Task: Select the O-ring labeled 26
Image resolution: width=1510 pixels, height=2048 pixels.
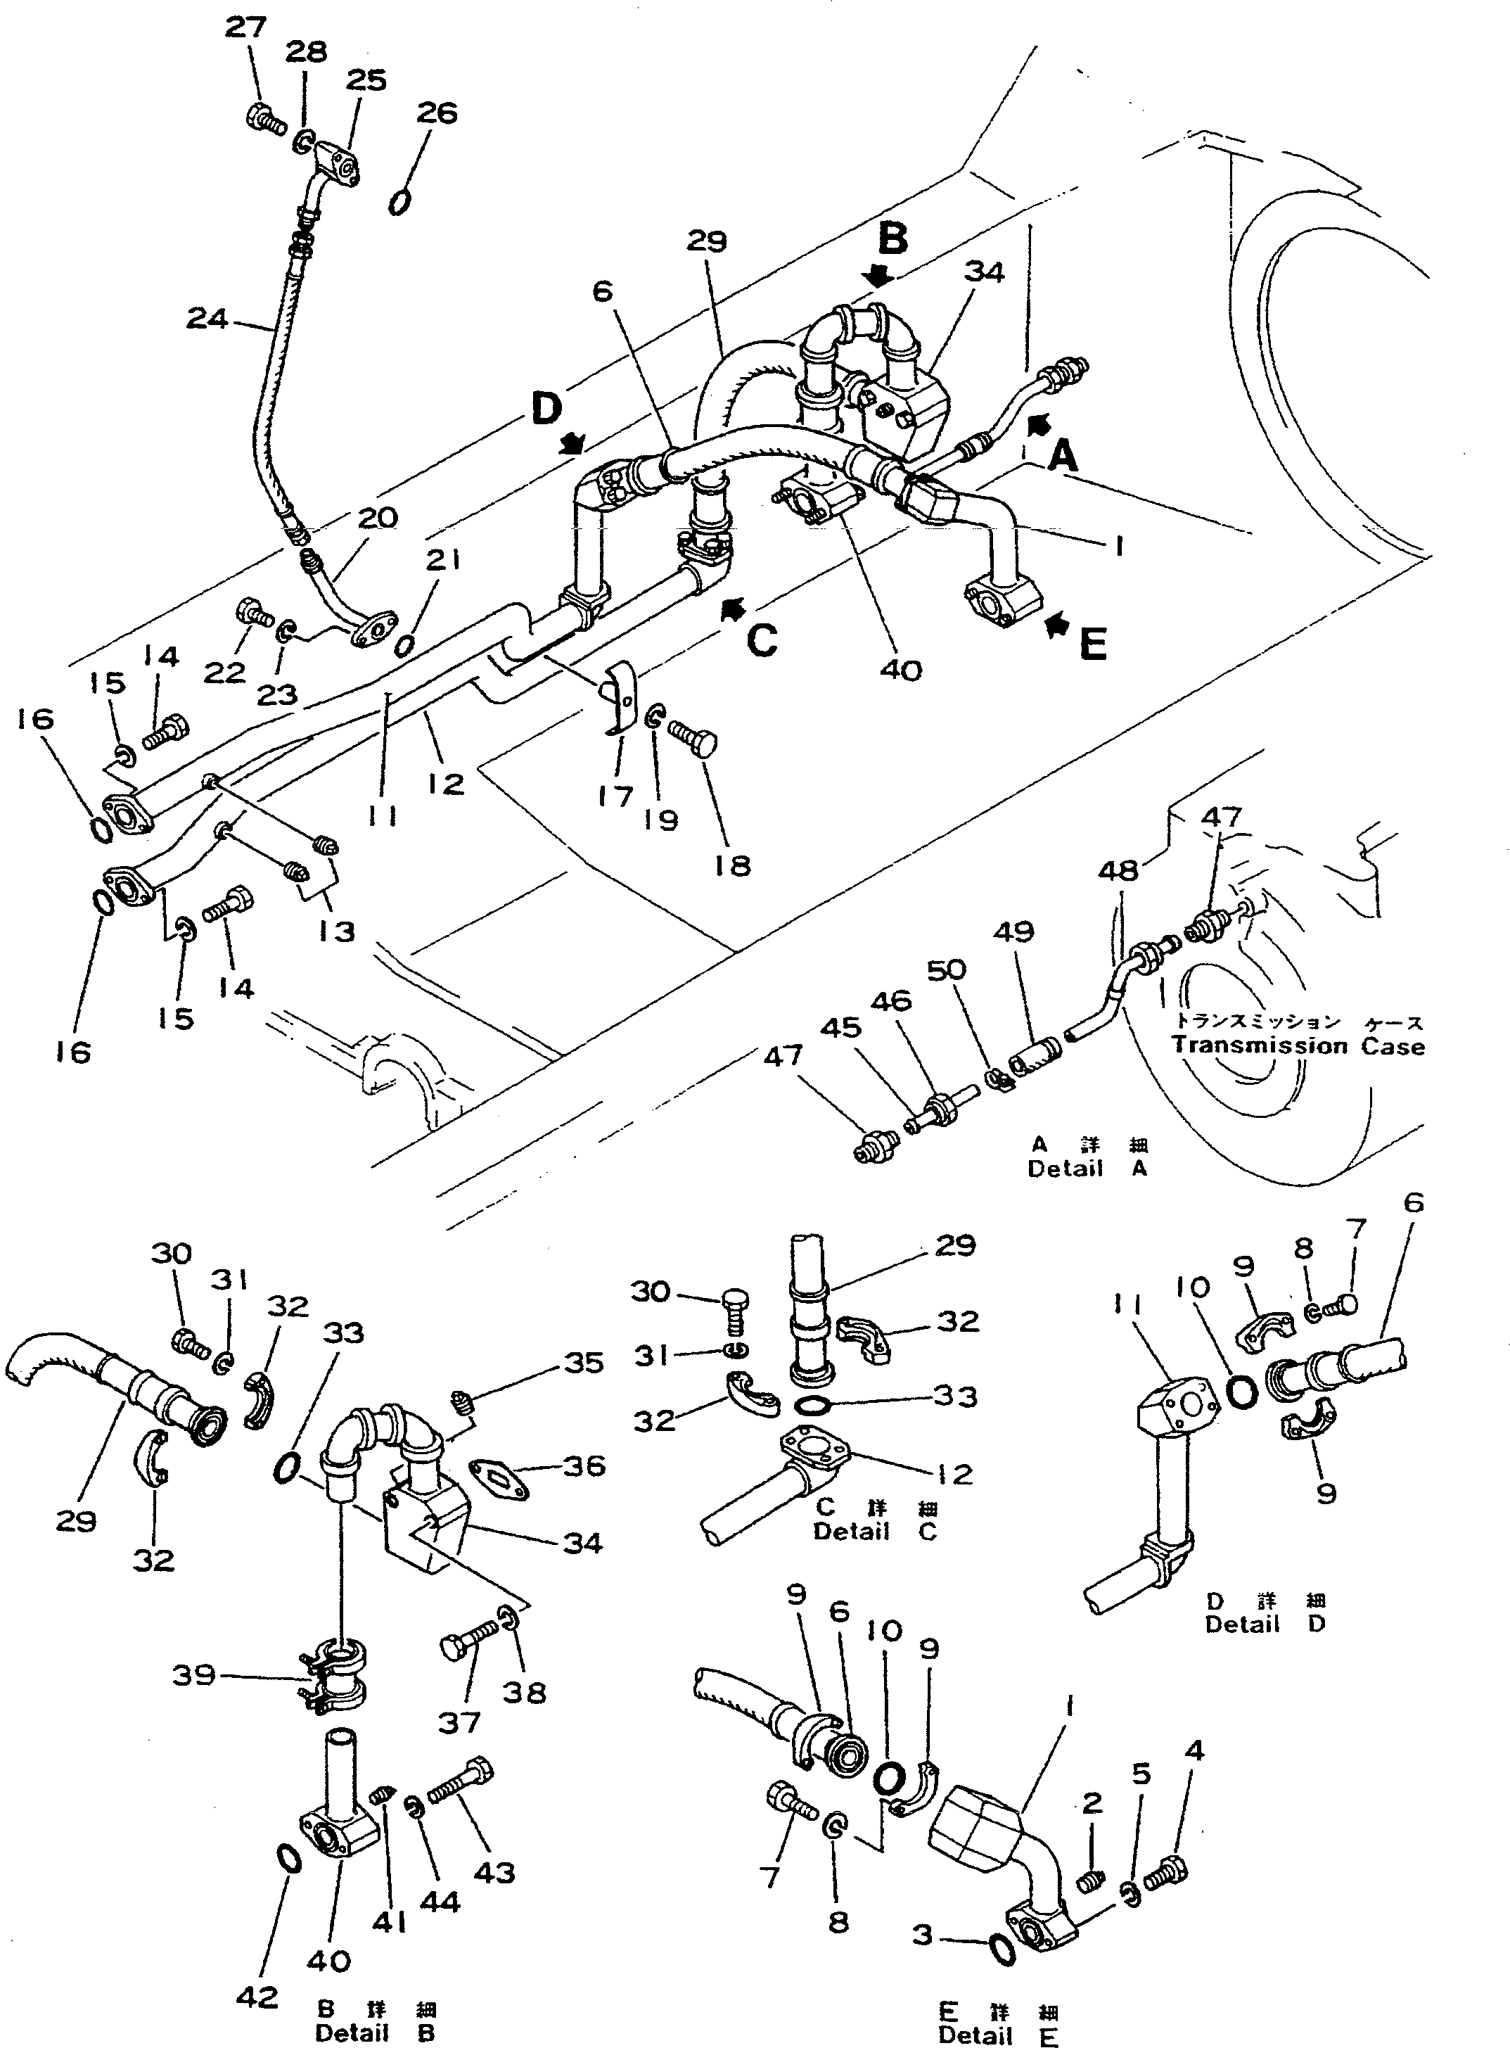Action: coord(399,201)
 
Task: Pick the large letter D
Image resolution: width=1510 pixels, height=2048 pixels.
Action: coord(546,409)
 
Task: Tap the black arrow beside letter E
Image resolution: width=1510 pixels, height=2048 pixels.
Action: coord(1058,625)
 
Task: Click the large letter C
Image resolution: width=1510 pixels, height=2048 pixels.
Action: coord(762,640)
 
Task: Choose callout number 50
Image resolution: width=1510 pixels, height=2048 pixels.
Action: coord(946,969)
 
